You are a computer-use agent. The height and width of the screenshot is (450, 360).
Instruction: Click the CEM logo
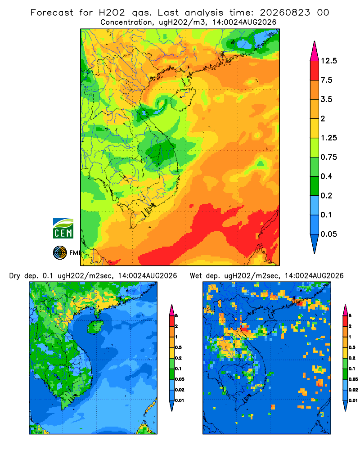click(x=63, y=228)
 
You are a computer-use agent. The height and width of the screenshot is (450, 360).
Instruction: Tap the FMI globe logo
click(x=60, y=253)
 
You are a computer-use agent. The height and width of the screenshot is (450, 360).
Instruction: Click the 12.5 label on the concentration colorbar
click(x=329, y=61)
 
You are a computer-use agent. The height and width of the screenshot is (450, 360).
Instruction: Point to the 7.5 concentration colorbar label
click(x=326, y=80)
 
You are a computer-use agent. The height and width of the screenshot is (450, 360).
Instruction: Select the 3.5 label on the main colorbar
click(x=326, y=99)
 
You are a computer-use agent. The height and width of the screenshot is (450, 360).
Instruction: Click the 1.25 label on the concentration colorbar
click(x=329, y=138)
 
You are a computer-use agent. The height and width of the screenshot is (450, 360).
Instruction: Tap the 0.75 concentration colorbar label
click(x=329, y=157)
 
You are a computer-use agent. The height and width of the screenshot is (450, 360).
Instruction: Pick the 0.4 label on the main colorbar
click(x=326, y=176)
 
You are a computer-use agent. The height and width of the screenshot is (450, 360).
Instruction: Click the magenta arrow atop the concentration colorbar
click(x=315, y=52)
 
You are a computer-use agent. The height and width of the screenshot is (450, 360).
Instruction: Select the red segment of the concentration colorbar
click(x=315, y=71)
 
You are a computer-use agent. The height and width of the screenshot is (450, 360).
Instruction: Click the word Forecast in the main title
click(x=52, y=13)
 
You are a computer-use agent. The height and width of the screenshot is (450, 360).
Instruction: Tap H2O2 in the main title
click(x=112, y=13)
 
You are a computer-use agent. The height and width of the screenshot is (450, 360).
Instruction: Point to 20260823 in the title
click(x=285, y=13)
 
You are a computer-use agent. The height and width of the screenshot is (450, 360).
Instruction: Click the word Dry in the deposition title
click(x=15, y=276)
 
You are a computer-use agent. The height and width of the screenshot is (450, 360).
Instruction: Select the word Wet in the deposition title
click(x=196, y=276)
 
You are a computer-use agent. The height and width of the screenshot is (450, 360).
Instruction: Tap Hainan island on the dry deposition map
click(x=95, y=327)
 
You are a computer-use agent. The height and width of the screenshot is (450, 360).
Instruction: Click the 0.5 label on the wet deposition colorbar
click(x=351, y=347)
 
